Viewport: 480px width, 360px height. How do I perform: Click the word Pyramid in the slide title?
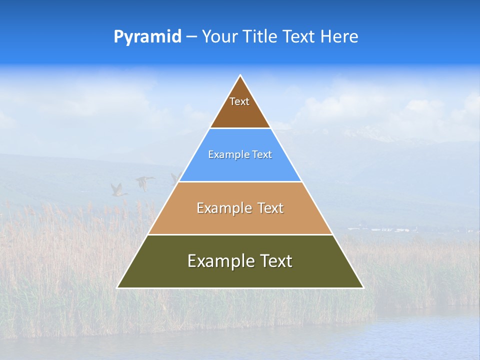tap(147, 37)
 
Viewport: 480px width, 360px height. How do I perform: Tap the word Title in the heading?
tap(259, 36)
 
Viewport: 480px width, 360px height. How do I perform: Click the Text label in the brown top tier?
tap(239, 101)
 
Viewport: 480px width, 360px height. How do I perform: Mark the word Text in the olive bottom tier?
tap(276, 261)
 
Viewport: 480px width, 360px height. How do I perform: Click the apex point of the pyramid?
tap(240, 76)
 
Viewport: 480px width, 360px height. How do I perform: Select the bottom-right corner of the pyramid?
tap(363, 287)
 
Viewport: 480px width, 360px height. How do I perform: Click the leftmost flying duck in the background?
tap(118, 189)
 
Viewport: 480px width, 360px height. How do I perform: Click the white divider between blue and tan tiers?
tap(240, 181)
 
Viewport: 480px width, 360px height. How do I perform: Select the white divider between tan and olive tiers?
tap(240, 234)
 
